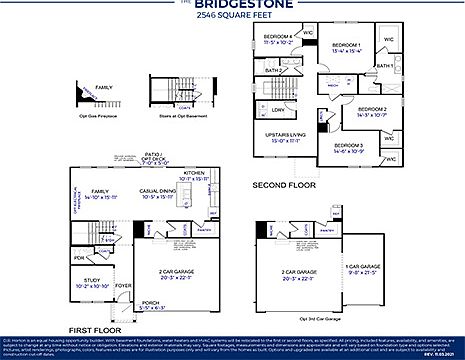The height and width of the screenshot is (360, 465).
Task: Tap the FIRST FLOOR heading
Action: [x=95, y=328]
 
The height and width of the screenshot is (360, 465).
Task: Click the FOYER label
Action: [x=123, y=286]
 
